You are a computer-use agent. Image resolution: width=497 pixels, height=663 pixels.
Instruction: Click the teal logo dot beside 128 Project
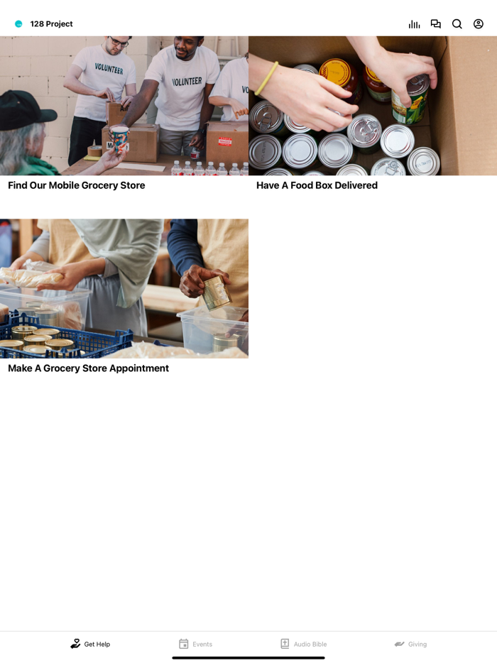coord(18,24)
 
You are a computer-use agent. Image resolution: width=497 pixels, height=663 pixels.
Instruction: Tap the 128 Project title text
coord(51,24)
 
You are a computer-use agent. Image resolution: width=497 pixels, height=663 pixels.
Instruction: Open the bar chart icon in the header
coord(414,24)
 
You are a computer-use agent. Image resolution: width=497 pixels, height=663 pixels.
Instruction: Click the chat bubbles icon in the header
coord(436,24)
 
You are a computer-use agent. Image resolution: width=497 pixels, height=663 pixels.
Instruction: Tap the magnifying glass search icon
coord(457,24)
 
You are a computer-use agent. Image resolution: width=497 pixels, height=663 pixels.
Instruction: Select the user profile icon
coord(479,24)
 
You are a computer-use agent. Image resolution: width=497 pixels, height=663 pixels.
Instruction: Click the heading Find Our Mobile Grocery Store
coord(77,185)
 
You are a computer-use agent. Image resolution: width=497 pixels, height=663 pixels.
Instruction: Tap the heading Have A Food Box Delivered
coord(317,185)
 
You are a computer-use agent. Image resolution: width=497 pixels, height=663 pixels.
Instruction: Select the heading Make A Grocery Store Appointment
coord(89,368)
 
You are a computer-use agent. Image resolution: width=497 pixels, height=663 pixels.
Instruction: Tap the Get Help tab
coord(90,644)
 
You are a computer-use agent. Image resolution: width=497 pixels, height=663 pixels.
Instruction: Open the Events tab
coord(195,644)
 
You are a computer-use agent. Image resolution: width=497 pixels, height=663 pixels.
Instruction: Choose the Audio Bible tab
coord(303,644)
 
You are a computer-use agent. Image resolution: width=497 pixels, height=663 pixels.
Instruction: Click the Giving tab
coord(410,644)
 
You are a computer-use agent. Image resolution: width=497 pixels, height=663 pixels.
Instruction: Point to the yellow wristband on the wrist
coord(267,78)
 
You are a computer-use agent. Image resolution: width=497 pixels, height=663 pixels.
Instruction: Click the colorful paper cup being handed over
coord(120,139)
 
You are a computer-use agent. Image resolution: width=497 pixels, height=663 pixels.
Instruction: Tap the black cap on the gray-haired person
coord(25,111)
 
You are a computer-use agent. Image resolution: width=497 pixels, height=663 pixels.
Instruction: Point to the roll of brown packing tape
coord(94,150)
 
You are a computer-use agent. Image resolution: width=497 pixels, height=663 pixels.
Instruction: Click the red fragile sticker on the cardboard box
coord(225,141)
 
